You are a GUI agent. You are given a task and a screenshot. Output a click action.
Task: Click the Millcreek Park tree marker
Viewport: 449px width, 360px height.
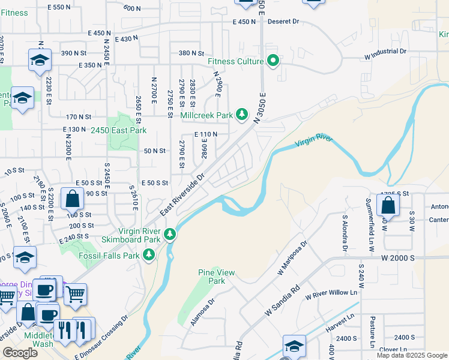pyautogui.click(x=242, y=113)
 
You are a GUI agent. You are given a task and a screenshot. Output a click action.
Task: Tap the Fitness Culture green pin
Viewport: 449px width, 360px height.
pyautogui.click(x=274, y=61)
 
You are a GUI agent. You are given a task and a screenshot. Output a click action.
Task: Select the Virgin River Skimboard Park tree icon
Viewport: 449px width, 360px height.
pyautogui.click(x=170, y=233)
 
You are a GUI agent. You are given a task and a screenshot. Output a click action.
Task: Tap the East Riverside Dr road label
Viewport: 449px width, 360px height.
pyautogui.click(x=182, y=195)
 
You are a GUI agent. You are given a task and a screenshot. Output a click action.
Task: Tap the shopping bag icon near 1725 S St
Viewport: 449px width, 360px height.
pyautogui.click(x=389, y=205)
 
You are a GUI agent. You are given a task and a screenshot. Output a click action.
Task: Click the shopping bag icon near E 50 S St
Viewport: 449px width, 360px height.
pyautogui.click(x=72, y=197)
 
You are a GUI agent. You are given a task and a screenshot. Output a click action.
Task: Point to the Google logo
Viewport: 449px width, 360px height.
pyautogui.click(x=20, y=352)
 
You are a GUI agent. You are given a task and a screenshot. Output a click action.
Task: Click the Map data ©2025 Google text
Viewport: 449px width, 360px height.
pyautogui.click(x=412, y=355)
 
